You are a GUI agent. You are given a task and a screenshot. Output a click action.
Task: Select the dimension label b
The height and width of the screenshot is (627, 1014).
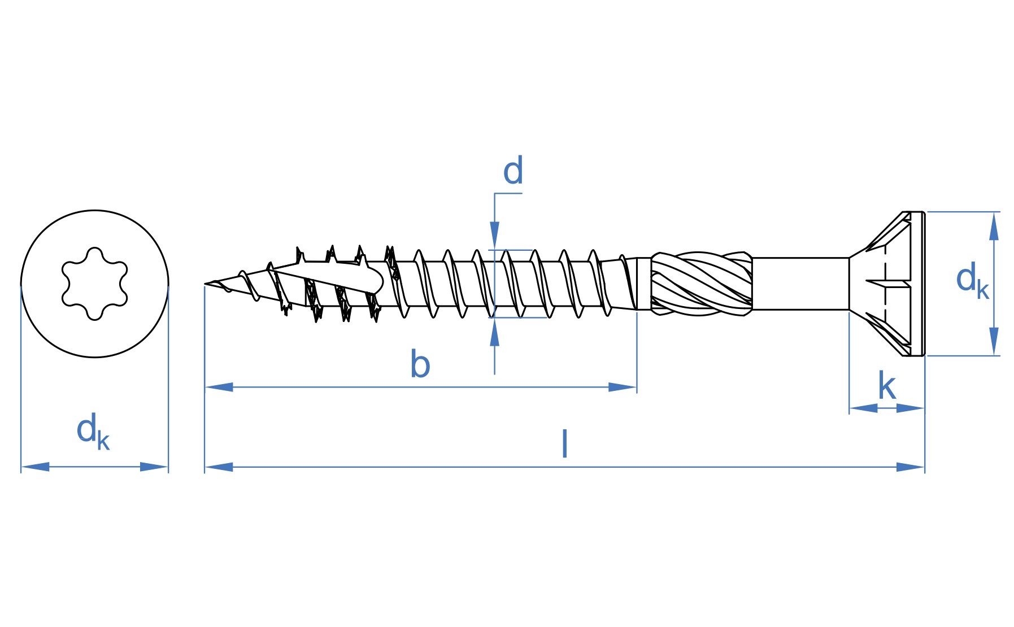(x=420, y=364)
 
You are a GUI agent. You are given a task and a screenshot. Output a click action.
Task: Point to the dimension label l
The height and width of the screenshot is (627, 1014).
(x=564, y=444)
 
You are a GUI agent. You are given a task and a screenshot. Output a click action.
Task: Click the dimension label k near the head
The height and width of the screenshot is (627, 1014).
(x=887, y=386)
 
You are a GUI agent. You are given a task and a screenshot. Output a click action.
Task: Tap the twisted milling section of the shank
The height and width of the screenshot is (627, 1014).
(x=701, y=284)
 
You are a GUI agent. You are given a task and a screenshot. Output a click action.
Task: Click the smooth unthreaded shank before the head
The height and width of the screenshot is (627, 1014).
(x=800, y=284)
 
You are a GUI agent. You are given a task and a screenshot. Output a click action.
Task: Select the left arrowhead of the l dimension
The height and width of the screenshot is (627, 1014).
(x=219, y=467)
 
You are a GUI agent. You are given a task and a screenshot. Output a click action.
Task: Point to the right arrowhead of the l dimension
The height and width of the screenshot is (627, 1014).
(x=911, y=467)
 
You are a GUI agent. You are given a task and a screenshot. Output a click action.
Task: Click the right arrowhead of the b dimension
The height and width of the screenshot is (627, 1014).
(x=623, y=387)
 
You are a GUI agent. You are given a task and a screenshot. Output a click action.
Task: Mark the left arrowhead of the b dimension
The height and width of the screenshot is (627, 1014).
(x=219, y=387)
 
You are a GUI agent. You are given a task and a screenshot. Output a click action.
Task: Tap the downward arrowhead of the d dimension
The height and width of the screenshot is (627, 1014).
(x=495, y=236)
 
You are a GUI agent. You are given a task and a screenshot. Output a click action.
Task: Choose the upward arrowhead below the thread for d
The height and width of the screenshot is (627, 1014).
(x=495, y=332)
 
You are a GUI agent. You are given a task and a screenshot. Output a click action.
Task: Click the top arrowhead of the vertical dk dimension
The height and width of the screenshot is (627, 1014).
(x=994, y=226)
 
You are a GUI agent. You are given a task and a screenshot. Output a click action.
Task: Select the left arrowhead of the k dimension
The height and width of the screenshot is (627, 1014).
(x=864, y=408)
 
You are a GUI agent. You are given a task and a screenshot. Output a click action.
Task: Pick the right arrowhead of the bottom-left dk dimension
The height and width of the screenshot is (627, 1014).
(x=154, y=467)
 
